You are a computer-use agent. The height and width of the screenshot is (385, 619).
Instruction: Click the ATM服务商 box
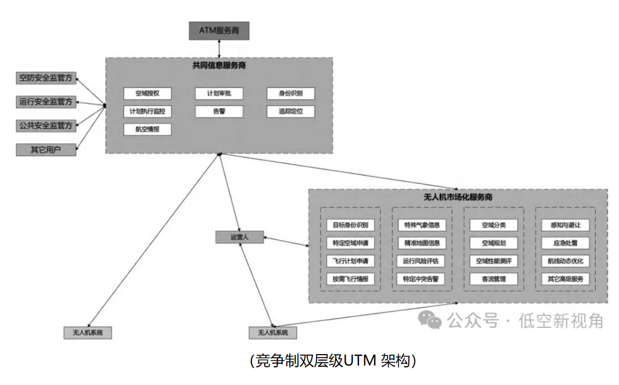coord(219,30)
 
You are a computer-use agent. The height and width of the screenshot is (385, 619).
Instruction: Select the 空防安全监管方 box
coord(46,78)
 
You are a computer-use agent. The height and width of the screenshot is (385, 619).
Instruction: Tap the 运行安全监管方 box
coord(46,101)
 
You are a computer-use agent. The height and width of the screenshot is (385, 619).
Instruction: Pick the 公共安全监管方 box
coord(46,126)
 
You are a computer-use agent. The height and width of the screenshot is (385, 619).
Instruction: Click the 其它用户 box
coord(46,149)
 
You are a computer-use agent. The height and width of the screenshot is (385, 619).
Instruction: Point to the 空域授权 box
coord(147,94)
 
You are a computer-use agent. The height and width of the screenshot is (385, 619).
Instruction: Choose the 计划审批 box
coord(219,94)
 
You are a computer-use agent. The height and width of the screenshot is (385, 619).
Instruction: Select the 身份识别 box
coord(291,94)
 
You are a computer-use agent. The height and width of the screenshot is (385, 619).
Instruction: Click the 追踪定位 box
coord(291,111)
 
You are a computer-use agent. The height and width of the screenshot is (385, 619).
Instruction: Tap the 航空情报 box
coord(147,129)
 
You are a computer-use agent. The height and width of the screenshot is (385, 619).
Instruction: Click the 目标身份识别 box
coord(351,225)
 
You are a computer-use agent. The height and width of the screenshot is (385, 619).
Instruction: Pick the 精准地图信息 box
coord(422,243)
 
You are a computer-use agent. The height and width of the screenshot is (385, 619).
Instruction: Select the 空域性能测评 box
coord(494,261)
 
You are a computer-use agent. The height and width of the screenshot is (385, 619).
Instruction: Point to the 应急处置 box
coord(566,243)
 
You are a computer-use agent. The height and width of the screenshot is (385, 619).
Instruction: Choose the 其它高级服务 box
coord(566,279)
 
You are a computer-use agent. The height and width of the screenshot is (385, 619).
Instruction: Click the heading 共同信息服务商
coord(219,65)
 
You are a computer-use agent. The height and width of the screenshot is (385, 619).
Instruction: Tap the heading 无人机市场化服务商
coord(457,197)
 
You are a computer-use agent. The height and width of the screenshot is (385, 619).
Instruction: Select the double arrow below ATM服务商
coord(219,49)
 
